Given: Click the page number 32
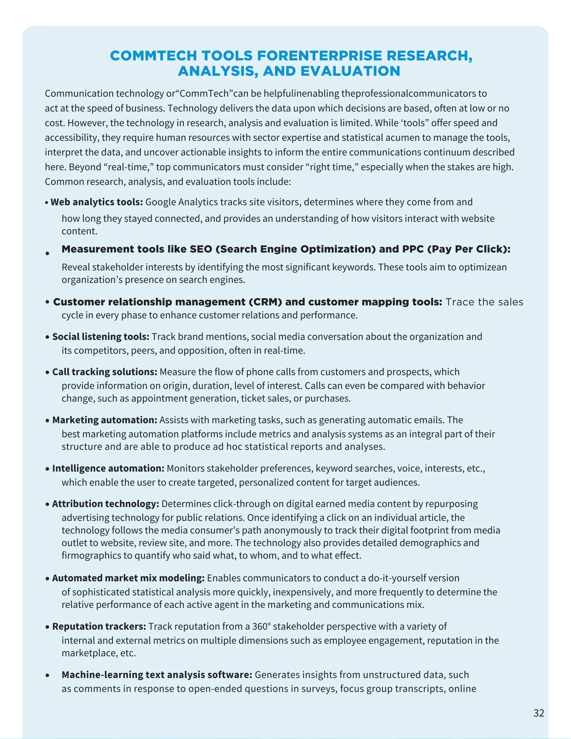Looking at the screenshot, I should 538,713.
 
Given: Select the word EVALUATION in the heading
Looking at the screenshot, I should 350,71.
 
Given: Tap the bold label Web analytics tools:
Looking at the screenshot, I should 96,202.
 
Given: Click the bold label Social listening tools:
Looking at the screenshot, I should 100,337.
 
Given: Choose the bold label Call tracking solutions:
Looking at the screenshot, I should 105,372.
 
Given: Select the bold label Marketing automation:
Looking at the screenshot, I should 105,420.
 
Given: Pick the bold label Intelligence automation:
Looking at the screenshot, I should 108,468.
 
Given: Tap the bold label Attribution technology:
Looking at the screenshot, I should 105,504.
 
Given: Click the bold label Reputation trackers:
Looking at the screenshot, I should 99,626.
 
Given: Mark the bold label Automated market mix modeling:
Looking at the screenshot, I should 128,578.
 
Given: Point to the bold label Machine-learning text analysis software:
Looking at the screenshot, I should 157,675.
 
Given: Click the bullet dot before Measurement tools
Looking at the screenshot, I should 48,253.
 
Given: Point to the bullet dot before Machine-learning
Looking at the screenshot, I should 47,675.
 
